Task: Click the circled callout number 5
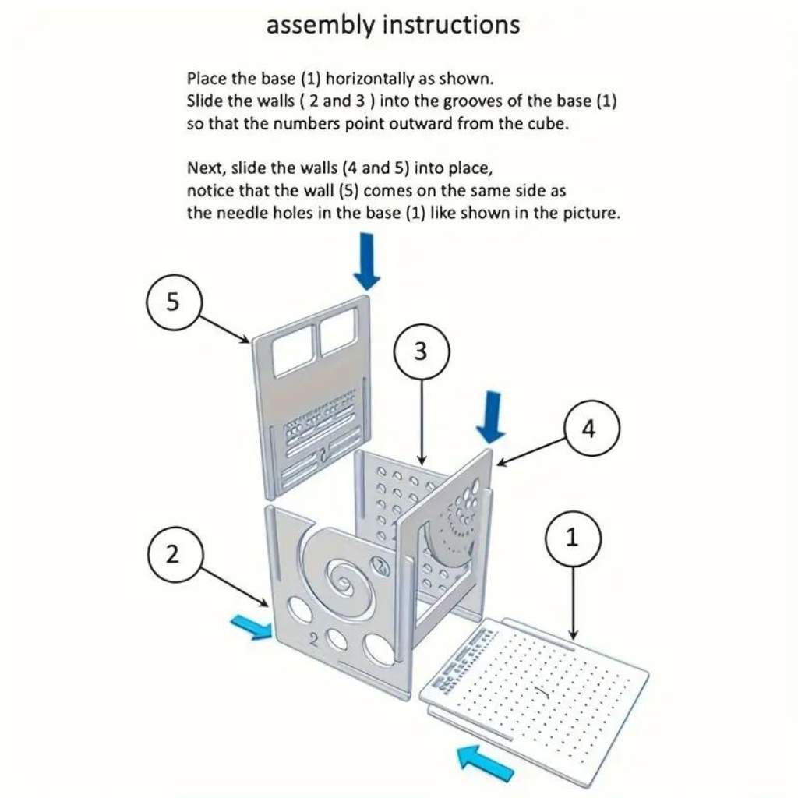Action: pos(174,302)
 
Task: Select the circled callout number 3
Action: pos(422,351)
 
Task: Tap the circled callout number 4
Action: pos(592,428)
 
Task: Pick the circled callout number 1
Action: pos(573,538)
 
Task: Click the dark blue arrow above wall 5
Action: pos(367,262)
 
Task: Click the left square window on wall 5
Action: pos(293,348)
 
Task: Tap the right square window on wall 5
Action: pos(338,330)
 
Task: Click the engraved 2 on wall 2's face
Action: pos(314,639)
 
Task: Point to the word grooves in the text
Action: pos(473,102)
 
